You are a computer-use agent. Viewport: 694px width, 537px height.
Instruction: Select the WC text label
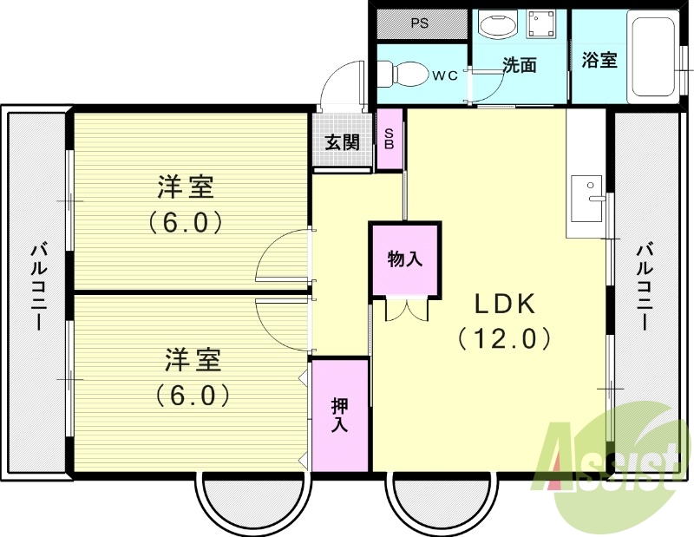[x=444, y=75]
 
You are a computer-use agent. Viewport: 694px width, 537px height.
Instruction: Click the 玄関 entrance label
[x=343, y=141]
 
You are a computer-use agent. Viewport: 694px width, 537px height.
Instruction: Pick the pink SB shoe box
[x=390, y=139]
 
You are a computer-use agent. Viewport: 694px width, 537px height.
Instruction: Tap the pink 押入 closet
[x=339, y=415]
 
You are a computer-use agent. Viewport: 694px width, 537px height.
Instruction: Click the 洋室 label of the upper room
[x=186, y=187]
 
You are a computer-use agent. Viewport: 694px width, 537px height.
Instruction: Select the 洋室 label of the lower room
[x=193, y=359]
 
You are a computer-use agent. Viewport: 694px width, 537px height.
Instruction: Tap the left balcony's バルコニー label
[x=37, y=286]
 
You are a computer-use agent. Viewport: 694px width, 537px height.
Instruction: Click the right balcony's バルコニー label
[x=644, y=286]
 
